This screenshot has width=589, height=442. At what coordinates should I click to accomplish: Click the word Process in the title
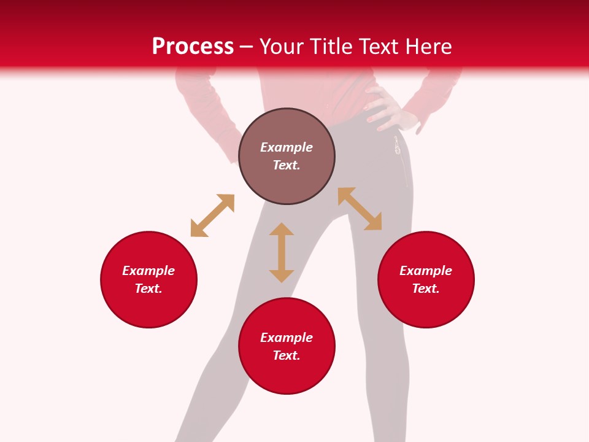[193, 47]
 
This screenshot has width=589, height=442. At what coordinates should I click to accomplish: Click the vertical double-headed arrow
[282, 252]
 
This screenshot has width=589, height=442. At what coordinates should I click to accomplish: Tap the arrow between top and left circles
[212, 215]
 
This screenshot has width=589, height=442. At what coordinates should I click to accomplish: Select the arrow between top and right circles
[360, 209]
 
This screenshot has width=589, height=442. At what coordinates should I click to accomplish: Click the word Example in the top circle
[287, 147]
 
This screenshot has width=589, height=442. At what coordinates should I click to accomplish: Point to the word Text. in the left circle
[148, 289]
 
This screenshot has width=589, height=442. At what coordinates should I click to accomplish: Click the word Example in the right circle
[426, 271]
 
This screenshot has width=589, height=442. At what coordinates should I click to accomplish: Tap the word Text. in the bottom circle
[287, 355]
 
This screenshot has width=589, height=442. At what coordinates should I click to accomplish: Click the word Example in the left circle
[148, 271]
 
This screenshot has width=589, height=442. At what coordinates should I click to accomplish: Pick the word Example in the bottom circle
[287, 338]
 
